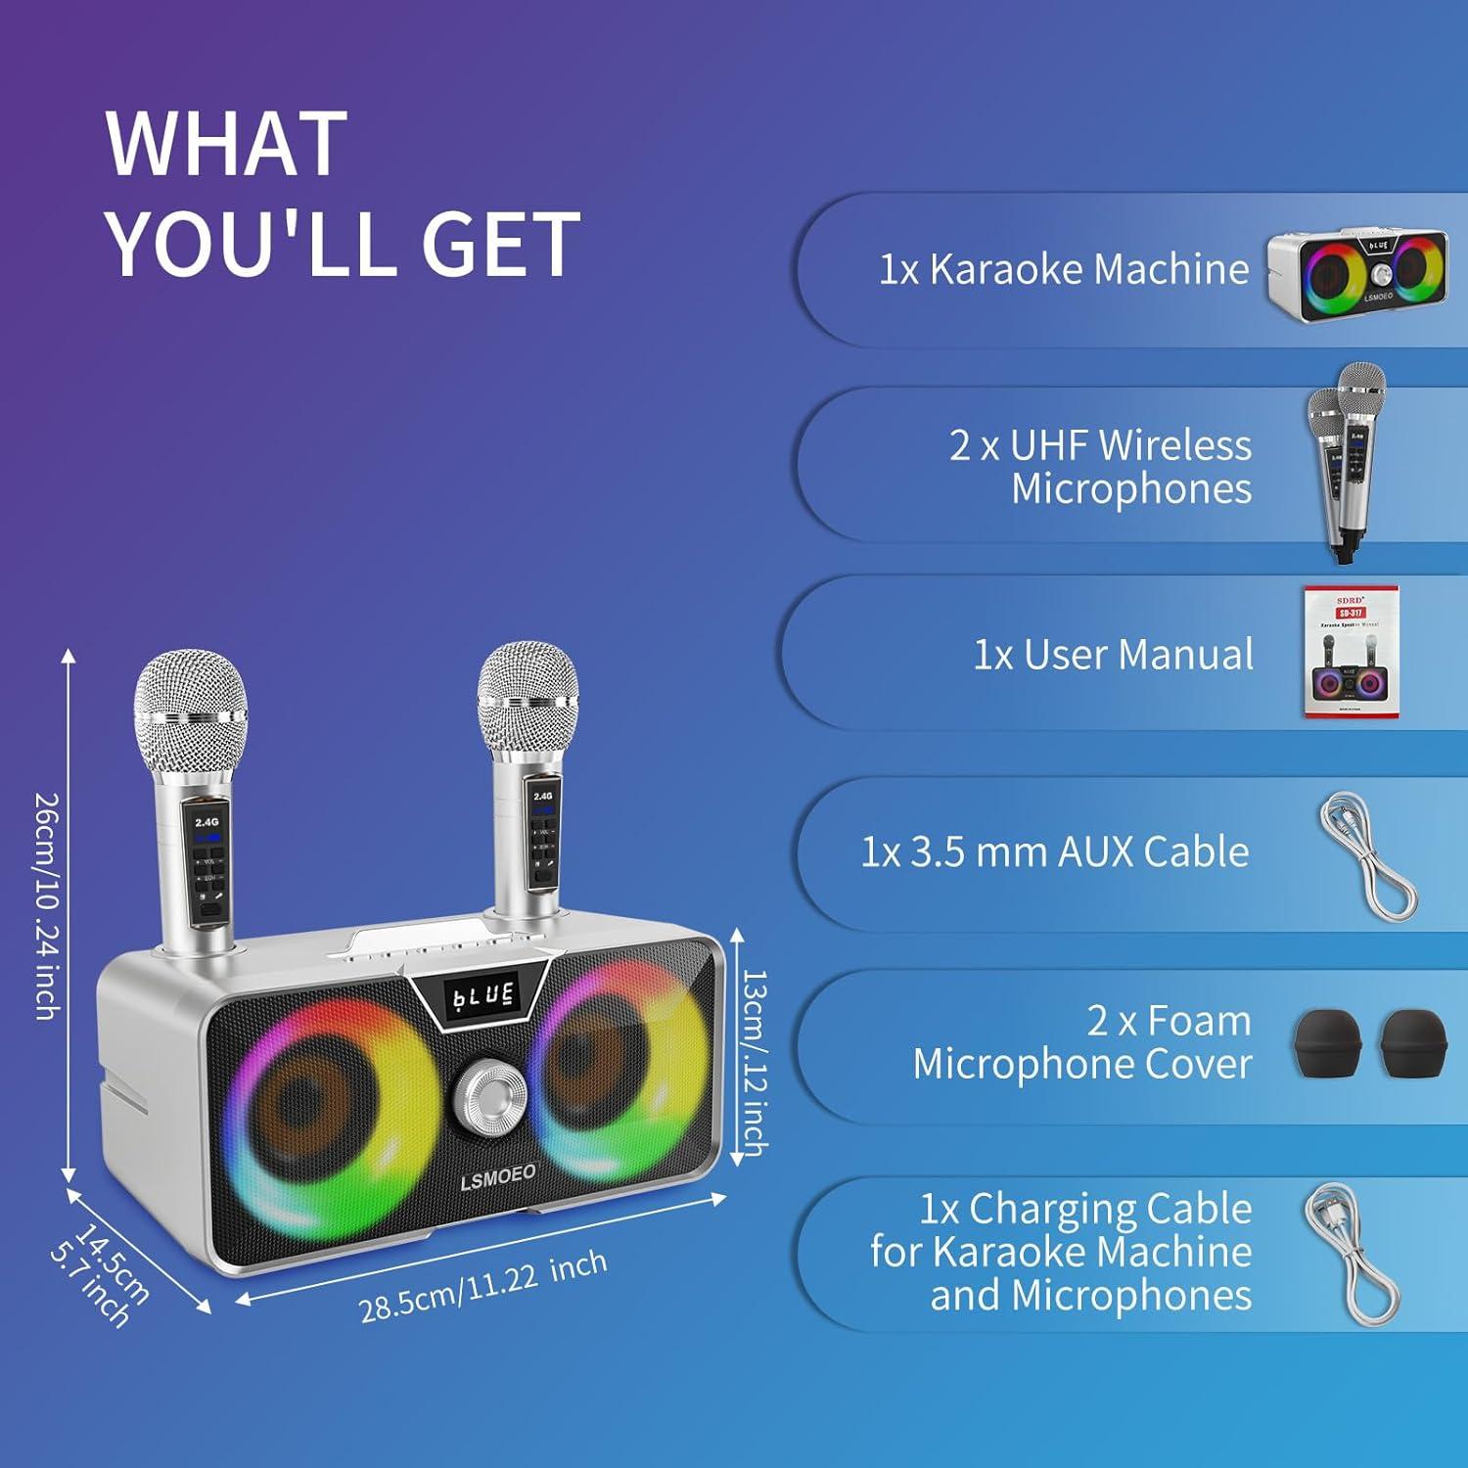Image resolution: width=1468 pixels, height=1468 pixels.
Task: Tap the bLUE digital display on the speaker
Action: point(482,996)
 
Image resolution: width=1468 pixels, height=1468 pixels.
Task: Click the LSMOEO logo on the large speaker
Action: point(498,1175)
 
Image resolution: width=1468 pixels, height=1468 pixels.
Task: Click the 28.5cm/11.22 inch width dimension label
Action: point(482,1286)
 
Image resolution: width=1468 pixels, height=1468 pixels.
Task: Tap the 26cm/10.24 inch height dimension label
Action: point(46,905)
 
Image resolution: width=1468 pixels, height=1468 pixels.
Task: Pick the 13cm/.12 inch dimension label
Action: point(755,1062)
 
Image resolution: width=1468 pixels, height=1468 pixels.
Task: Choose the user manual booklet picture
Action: point(1351,652)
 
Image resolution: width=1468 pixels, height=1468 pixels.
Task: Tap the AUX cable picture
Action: point(1366,854)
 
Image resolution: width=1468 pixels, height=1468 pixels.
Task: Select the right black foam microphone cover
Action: point(1412,1045)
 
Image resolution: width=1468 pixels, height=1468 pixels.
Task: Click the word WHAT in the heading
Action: point(227,144)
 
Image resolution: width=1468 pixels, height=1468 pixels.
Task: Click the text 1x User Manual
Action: point(1113,655)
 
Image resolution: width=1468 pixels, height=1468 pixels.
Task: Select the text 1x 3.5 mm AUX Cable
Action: point(1055,852)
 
